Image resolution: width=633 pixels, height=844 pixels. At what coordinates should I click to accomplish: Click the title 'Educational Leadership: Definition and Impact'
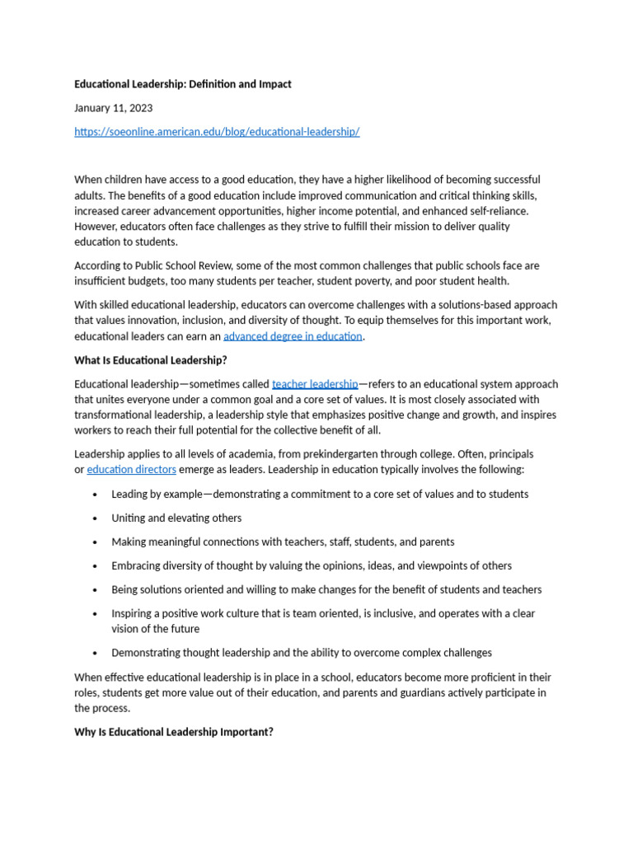(x=182, y=84)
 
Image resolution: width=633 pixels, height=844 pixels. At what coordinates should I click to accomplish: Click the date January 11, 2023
(x=113, y=108)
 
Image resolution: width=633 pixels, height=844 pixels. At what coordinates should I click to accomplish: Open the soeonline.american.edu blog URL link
(x=217, y=132)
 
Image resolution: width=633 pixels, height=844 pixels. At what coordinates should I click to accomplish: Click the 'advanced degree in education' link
(x=293, y=336)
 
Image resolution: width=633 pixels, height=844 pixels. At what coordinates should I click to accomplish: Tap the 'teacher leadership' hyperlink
(x=315, y=384)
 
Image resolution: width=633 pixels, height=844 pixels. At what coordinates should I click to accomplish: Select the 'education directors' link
(x=131, y=470)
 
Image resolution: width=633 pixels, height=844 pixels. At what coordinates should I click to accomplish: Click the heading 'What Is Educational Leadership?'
(x=150, y=360)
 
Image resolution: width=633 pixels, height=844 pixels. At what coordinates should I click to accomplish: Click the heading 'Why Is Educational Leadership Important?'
(x=173, y=732)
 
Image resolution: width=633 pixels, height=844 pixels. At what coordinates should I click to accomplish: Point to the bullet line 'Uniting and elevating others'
(x=176, y=518)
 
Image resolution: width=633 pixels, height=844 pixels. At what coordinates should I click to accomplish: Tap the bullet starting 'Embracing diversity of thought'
(x=312, y=566)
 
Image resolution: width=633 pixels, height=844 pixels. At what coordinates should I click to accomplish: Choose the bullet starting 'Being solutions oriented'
(x=326, y=590)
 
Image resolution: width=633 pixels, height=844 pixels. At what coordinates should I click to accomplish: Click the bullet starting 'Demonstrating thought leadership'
(x=302, y=653)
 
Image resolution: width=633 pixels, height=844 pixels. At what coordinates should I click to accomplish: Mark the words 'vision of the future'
(x=156, y=629)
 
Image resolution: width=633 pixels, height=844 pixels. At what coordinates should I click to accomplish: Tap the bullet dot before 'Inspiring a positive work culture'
(x=96, y=614)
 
